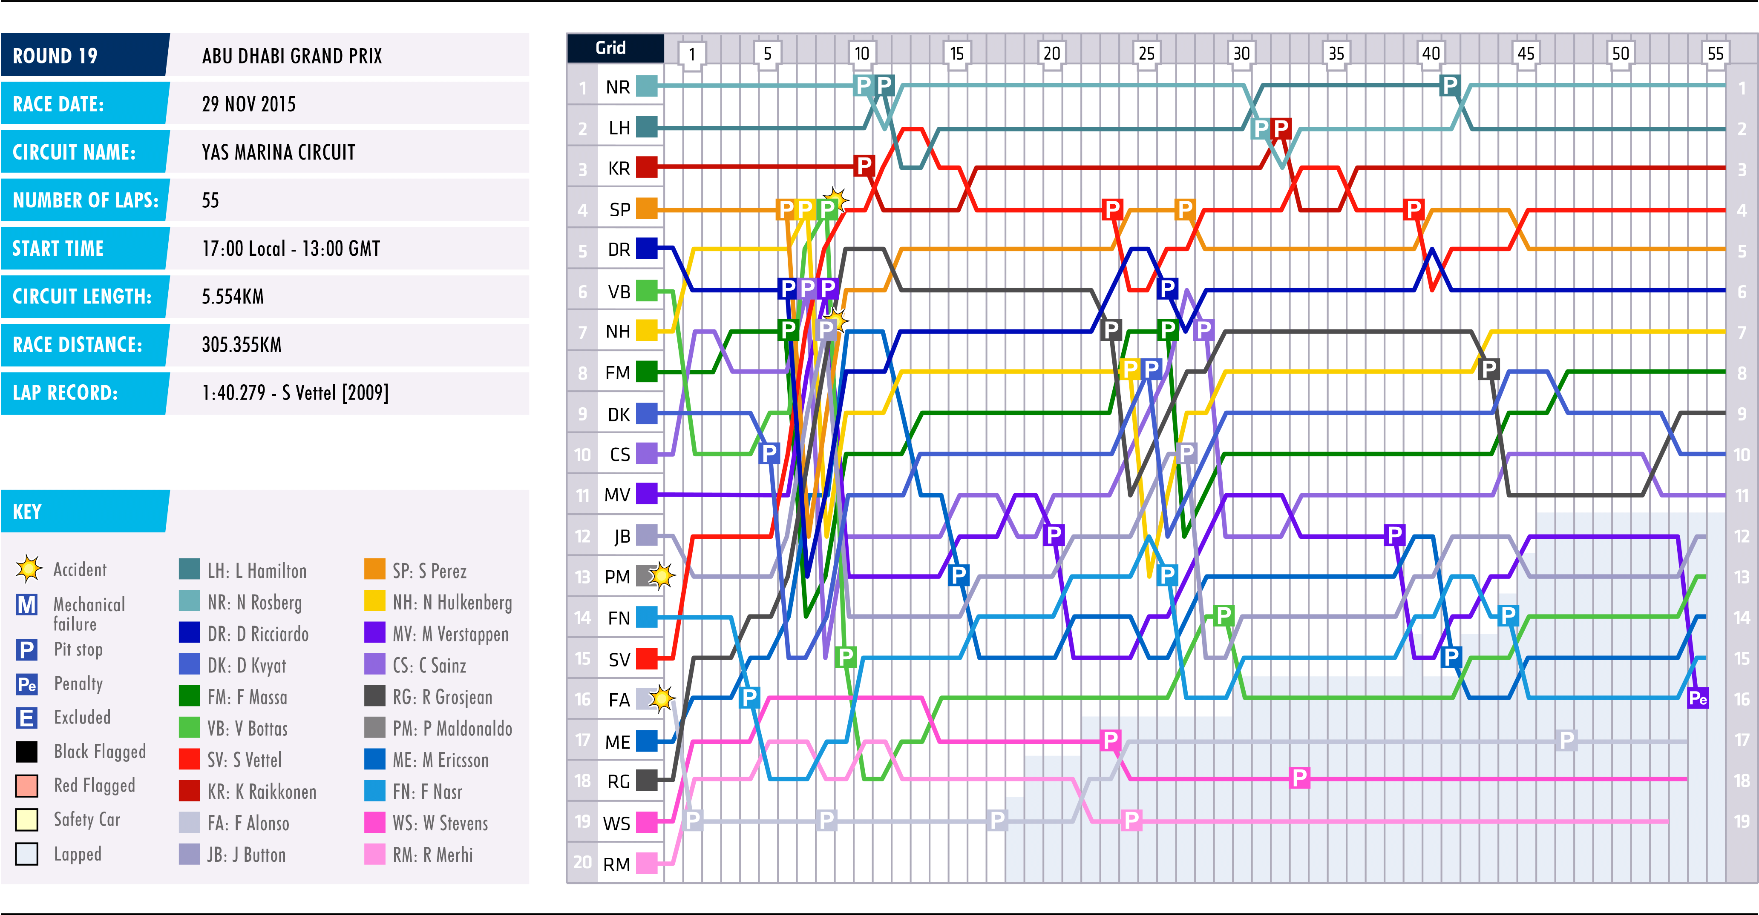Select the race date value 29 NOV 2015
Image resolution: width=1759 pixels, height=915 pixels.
point(248,104)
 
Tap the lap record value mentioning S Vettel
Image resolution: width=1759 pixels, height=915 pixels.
point(295,393)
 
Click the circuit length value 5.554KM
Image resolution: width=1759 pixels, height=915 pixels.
point(232,296)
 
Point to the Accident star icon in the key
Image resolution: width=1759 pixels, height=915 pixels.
point(29,569)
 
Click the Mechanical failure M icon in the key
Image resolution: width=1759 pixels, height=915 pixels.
point(27,605)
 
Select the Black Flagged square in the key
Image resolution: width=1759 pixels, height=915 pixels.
point(27,751)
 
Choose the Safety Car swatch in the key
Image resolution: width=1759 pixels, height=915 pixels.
point(27,820)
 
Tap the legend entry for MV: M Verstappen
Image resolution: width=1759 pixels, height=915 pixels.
point(449,634)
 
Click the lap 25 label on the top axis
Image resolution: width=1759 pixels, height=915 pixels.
point(1146,53)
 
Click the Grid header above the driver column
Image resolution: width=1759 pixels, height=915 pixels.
point(610,48)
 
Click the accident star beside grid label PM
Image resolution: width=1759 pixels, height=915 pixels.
point(661,576)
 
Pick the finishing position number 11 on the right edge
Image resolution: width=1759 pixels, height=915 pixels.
point(1742,495)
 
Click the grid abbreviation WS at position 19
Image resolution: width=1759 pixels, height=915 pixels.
point(616,823)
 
